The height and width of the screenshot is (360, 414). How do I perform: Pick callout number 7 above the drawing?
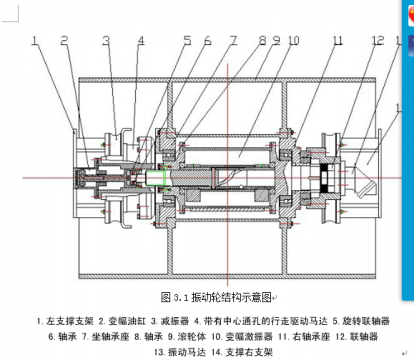[234, 41]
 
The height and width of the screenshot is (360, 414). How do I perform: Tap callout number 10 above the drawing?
[293, 41]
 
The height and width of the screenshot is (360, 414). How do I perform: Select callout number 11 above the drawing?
[338, 41]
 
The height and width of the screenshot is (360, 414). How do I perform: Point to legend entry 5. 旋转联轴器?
[360, 321]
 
